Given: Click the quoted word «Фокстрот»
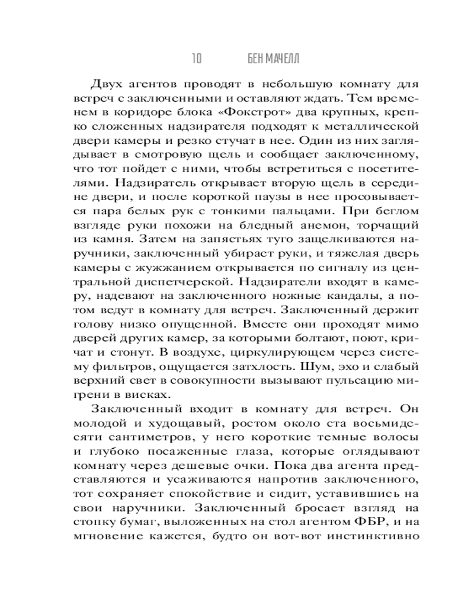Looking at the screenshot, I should point(274,112).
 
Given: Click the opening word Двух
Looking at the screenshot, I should point(107,83).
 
